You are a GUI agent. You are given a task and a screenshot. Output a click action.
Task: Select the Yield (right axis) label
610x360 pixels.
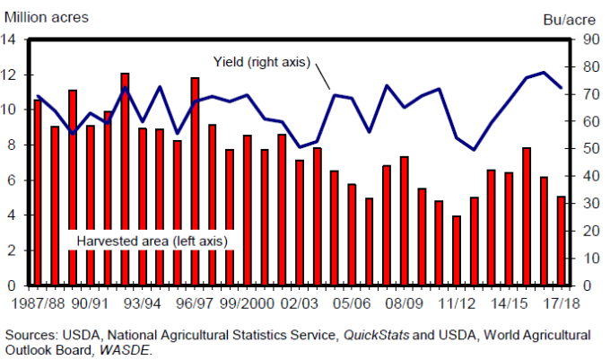coord(261,62)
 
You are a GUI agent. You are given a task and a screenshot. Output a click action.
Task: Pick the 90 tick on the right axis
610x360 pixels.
coord(588,40)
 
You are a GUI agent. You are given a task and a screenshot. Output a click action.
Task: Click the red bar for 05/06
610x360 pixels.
coord(352,234)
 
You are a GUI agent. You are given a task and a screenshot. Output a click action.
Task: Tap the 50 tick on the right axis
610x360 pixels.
coord(588,149)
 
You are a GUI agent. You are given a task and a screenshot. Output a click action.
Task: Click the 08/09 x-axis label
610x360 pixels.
coord(402,303)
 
